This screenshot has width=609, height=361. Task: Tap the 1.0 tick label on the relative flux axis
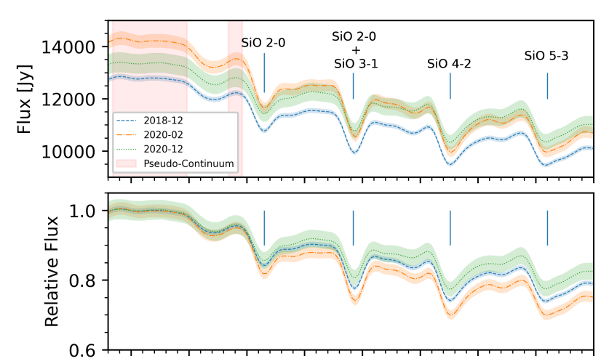(88, 211)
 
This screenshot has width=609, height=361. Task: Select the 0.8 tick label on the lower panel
(88, 280)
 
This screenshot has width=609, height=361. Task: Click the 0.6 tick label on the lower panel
(88, 350)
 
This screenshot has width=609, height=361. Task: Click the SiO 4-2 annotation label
(449, 64)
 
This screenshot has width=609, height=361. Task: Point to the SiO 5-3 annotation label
(546, 55)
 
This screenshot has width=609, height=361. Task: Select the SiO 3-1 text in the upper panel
(355, 64)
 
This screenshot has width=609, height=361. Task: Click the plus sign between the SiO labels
(355, 49)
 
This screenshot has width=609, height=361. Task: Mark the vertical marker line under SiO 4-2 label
(450, 86)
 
